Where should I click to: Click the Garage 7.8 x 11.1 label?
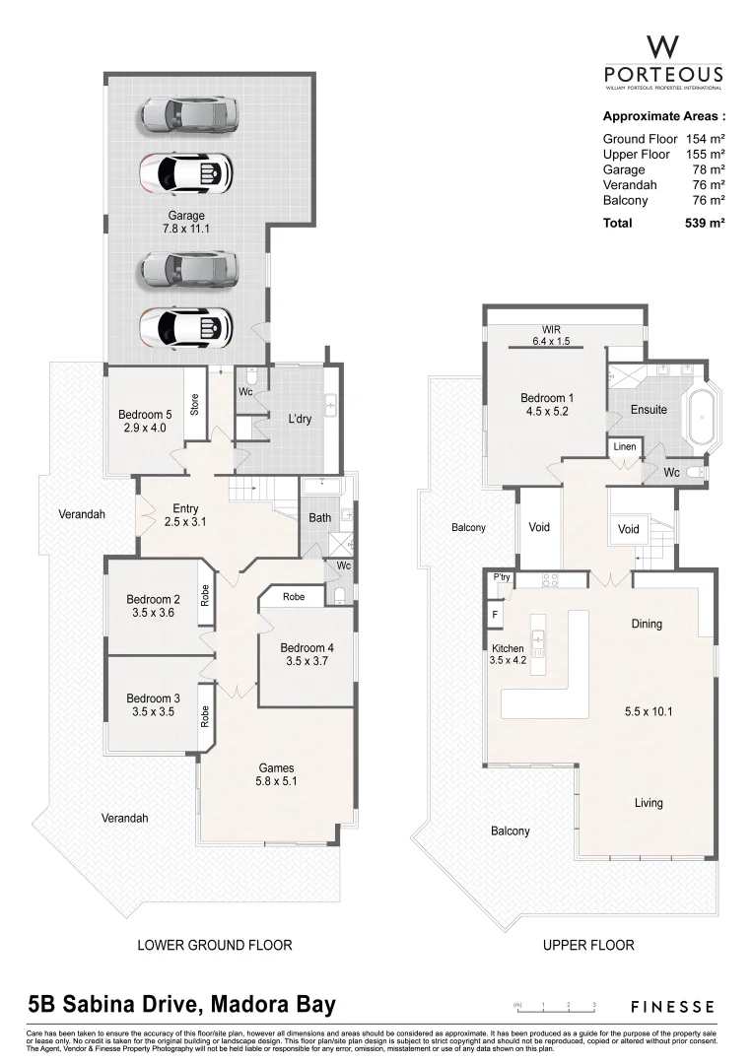tap(185, 222)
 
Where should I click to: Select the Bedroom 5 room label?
tap(144, 421)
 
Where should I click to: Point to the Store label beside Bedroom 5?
tap(194, 404)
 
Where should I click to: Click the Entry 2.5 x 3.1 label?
tap(185, 514)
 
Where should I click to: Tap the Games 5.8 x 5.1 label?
tap(276, 775)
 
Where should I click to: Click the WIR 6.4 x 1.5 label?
tap(550, 336)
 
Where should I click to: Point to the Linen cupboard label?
tap(626, 448)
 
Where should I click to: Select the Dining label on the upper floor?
tap(647, 624)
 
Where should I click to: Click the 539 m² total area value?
tap(705, 224)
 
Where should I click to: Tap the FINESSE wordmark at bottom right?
tap(673, 1006)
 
